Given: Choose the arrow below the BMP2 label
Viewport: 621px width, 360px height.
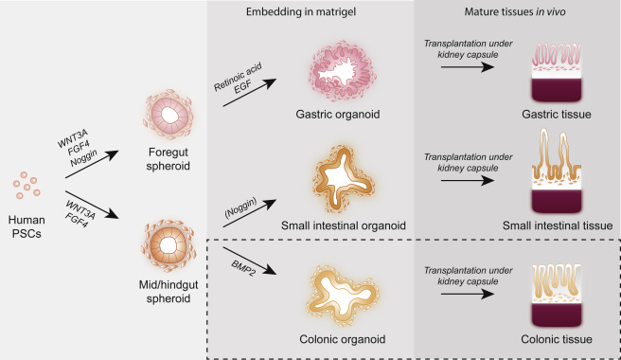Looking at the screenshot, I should (x=246, y=264).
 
